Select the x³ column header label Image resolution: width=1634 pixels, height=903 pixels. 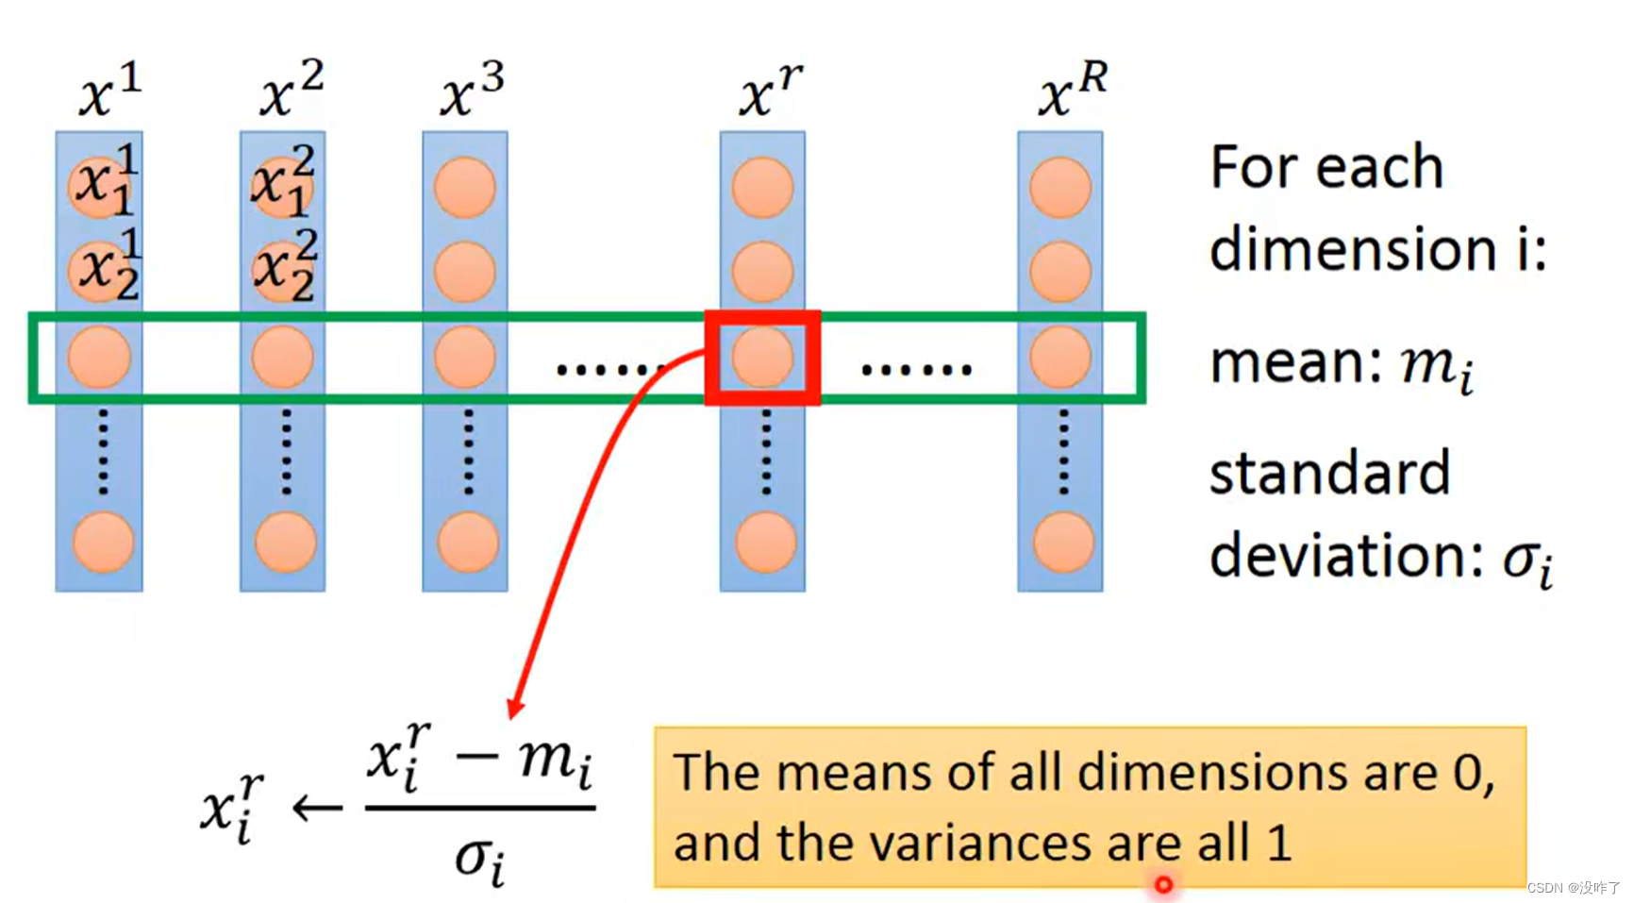click(472, 90)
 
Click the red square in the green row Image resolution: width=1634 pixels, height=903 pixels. click(762, 358)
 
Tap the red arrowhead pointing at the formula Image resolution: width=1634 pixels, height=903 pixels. click(515, 707)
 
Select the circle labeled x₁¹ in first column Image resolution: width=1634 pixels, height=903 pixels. click(99, 186)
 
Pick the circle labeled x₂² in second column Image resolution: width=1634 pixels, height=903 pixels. click(282, 270)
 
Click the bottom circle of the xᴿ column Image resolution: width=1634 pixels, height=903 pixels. click(1062, 543)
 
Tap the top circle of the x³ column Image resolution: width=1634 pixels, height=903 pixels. click(464, 187)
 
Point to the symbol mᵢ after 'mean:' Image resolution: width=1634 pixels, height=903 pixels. click(1436, 366)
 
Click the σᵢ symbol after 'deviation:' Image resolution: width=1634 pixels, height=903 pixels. click(1526, 560)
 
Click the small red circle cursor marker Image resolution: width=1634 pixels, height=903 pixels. click(1163, 885)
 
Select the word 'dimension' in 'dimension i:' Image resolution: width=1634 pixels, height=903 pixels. click(1353, 251)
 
